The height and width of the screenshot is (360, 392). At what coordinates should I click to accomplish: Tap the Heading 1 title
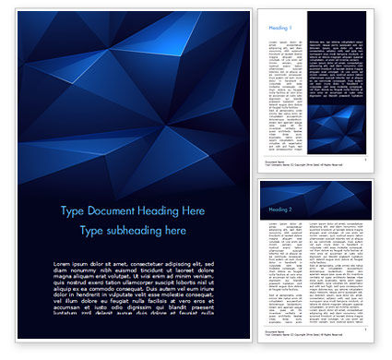[281, 29]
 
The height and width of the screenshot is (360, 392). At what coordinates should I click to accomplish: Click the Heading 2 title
[281, 210]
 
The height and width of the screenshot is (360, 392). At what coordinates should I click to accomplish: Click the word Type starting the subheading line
[92, 231]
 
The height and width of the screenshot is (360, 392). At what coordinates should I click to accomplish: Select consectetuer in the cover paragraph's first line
[139, 263]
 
